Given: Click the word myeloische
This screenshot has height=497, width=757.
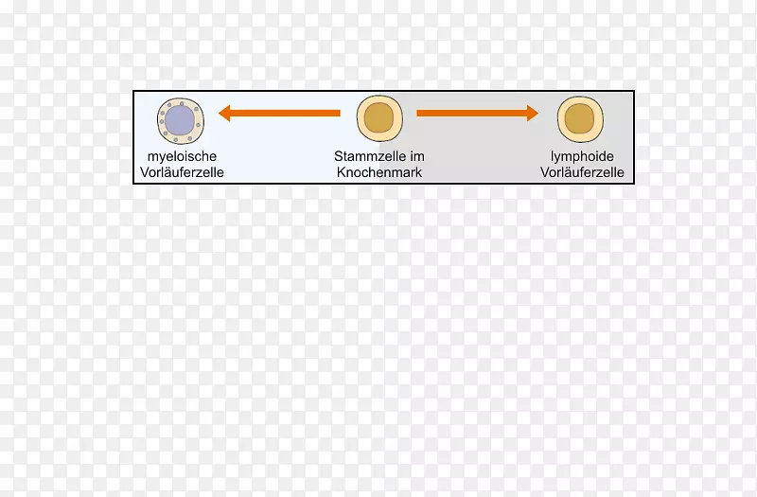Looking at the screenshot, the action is pyautogui.click(x=182, y=157).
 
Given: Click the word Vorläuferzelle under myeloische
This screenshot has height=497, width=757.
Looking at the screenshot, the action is pyautogui.click(x=182, y=172).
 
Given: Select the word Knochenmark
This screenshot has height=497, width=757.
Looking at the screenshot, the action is pyautogui.click(x=379, y=172).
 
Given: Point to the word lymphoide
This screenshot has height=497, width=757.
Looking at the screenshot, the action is pyautogui.click(x=582, y=157).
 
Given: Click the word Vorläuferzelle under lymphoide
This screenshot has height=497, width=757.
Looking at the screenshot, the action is pyautogui.click(x=582, y=172).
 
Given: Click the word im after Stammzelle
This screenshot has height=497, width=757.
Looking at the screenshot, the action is pyautogui.click(x=417, y=156).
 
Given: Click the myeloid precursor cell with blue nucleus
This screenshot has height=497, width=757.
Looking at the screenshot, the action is pyautogui.click(x=181, y=121).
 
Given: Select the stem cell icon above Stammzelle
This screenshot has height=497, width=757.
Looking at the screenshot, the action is pyautogui.click(x=380, y=119).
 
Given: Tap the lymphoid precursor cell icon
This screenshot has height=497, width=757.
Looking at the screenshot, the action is pyautogui.click(x=580, y=119).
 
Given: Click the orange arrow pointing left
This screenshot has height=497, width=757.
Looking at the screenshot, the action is pyautogui.click(x=279, y=113).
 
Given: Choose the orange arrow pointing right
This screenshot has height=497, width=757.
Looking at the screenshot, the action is pyautogui.click(x=478, y=113).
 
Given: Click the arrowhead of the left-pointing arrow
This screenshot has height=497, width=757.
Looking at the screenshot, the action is pyautogui.click(x=224, y=113).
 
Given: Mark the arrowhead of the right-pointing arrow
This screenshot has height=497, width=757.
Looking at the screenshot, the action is pyautogui.click(x=533, y=113).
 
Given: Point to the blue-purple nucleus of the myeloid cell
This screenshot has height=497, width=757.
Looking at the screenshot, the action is pyautogui.click(x=180, y=120).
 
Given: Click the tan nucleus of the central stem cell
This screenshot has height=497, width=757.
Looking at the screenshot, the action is pyautogui.click(x=379, y=117).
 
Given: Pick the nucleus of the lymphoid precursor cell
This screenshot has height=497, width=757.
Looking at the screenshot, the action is pyautogui.click(x=579, y=118).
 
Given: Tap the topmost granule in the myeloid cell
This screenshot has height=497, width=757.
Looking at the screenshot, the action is pyautogui.click(x=182, y=103).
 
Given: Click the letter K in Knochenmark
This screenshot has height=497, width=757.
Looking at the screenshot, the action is pyautogui.click(x=341, y=172).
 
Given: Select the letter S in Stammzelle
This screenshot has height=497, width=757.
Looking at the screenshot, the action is pyautogui.click(x=338, y=156).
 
